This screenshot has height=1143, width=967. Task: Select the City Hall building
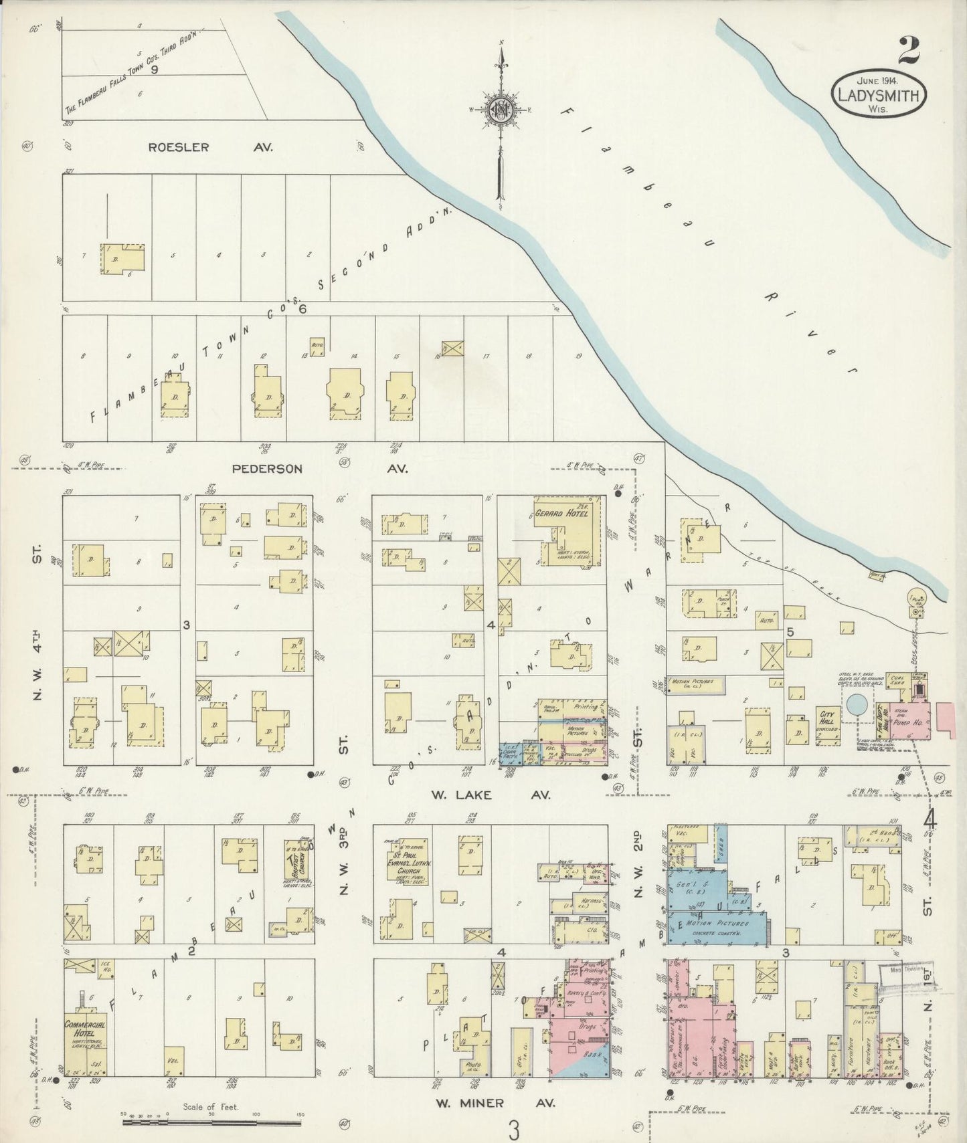point(826,718)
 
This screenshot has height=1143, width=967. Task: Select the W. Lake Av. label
point(491,795)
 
